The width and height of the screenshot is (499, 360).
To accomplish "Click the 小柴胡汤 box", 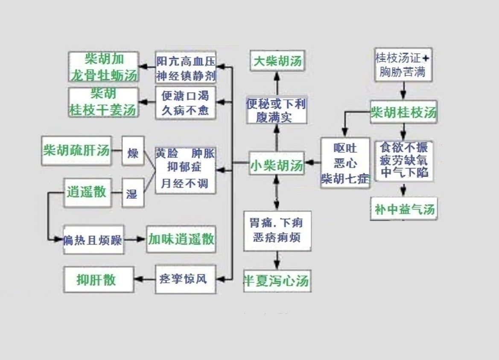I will tap(277, 164).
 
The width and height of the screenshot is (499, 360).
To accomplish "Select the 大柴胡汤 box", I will tap(277, 60).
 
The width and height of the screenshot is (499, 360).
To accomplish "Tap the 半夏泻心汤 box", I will tap(277, 280).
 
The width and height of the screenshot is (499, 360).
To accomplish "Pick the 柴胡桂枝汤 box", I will tap(403, 112).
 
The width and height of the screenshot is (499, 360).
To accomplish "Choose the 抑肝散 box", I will tap(96, 279).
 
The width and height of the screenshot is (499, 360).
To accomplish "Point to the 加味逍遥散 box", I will tap(181, 239).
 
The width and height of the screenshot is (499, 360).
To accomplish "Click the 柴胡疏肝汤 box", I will tap(76, 151).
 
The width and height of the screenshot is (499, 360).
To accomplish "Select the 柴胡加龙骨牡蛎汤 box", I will tap(104, 67).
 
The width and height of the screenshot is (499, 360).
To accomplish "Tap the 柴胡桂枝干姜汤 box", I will tap(104, 102).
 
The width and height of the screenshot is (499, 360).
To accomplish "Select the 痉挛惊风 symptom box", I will tap(185, 279).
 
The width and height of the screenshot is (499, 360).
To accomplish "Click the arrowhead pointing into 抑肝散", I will tap(138, 279).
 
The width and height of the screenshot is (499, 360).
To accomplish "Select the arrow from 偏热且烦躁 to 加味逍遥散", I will tap(135, 239).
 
